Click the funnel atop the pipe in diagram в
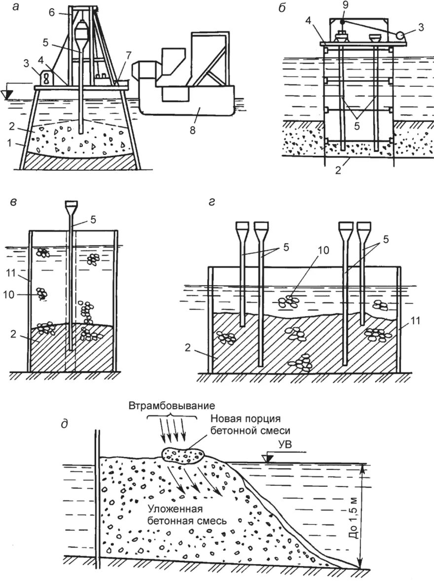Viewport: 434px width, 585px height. (x=72, y=204)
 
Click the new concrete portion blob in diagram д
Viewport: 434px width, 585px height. (x=184, y=455)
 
